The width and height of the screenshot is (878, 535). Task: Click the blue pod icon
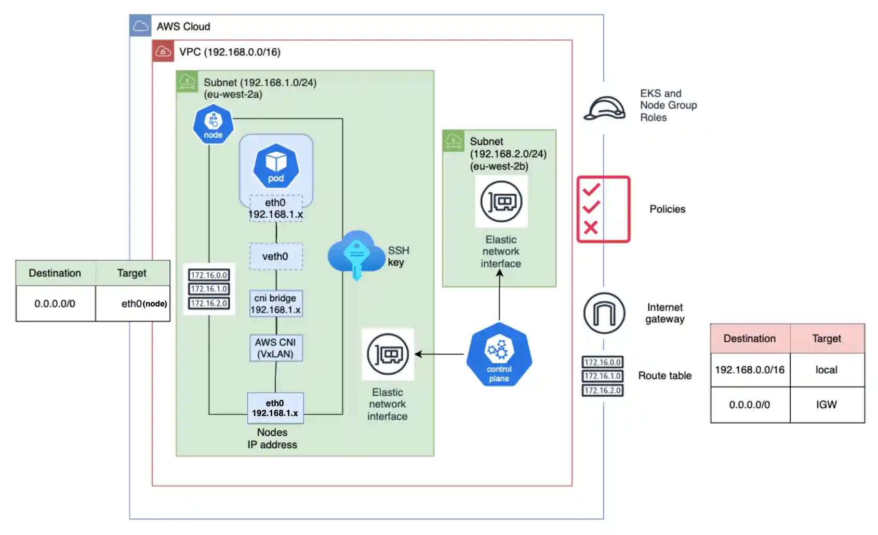pyautogui.click(x=276, y=166)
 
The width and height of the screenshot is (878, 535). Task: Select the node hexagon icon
pyautogui.click(x=213, y=124)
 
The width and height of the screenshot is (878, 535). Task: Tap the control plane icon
pyautogui.click(x=499, y=354)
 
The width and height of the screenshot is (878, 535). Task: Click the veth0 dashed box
pyautogui.click(x=275, y=257)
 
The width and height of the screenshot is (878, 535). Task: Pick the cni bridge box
pyautogui.click(x=275, y=304)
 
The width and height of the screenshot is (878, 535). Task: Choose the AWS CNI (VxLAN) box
pyautogui.click(x=275, y=348)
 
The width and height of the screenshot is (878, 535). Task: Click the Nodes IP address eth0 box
pyautogui.click(x=275, y=408)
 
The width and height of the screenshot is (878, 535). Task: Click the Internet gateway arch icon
pyautogui.click(x=604, y=313)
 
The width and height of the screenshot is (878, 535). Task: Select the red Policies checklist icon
pyautogui.click(x=603, y=209)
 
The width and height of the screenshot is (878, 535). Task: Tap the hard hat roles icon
pyautogui.click(x=604, y=108)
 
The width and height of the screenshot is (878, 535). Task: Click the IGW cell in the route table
pyautogui.click(x=826, y=405)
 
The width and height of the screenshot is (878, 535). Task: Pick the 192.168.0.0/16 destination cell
pyautogui.click(x=750, y=370)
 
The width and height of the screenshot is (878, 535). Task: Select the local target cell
pyautogui.click(x=826, y=370)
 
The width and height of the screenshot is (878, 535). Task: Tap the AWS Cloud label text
pyautogui.click(x=183, y=26)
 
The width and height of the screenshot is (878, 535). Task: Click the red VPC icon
pyautogui.click(x=163, y=51)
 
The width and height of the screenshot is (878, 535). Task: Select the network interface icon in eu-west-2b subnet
pyautogui.click(x=501, y=202)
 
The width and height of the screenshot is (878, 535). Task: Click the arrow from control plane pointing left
pyautogui.click(x=440, y=354)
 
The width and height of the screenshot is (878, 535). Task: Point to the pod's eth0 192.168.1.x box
pyautogui.click(x=275, y=208)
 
